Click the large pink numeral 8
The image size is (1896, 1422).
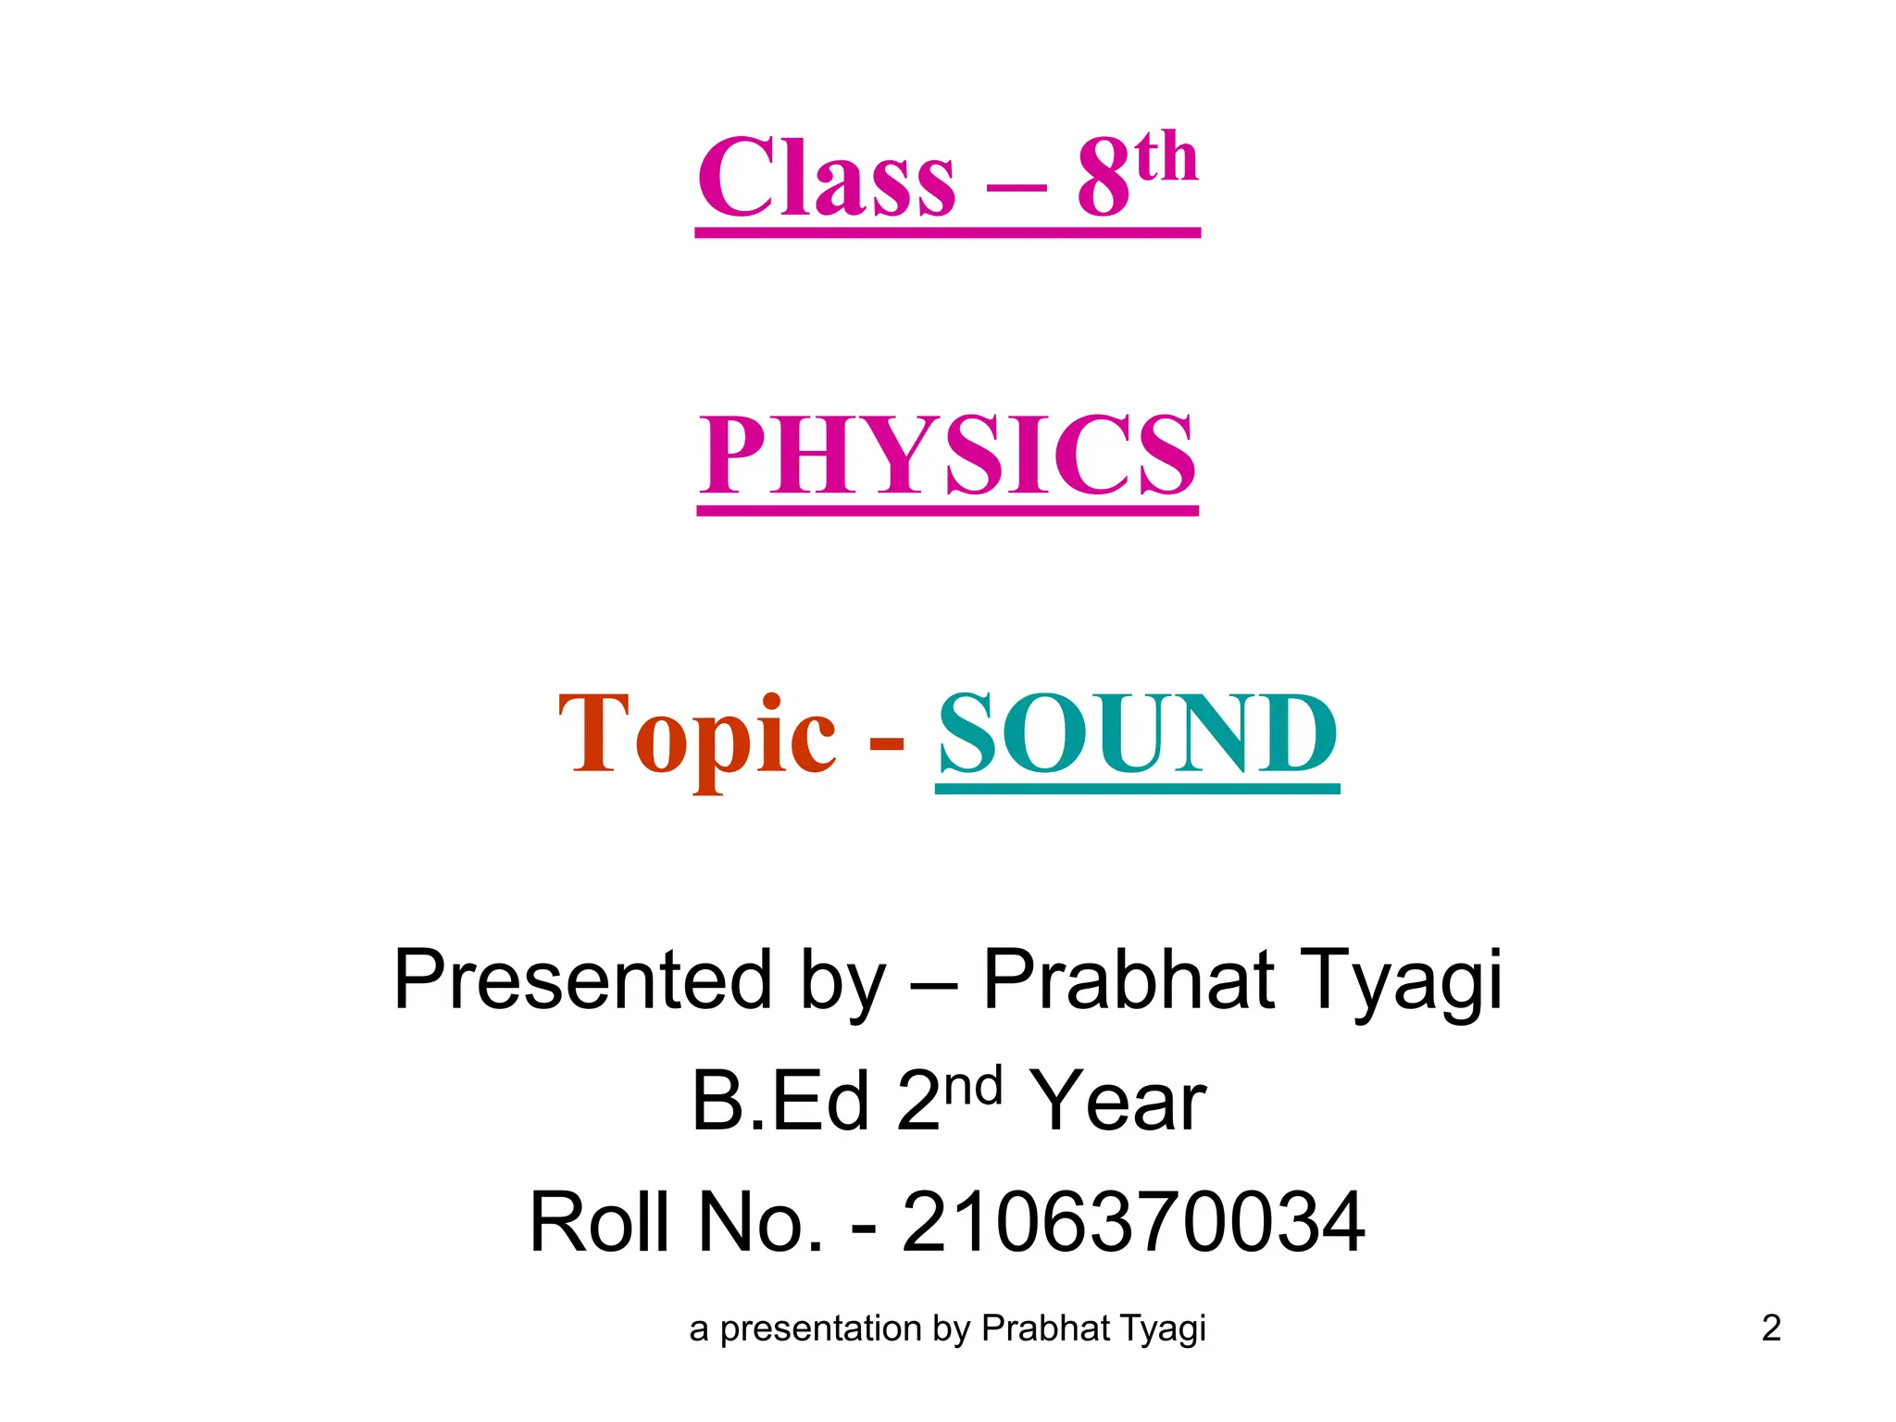[x=1104, y=178]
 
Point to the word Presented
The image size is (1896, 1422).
[x=582, y=979]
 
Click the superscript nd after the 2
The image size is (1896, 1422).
[x=974, y=1084]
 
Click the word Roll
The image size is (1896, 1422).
[x=599, y=1222]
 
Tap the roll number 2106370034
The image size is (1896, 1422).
[x=1132, y=1222]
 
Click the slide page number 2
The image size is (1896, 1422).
[x=1771, y=1328]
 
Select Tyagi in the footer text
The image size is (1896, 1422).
[x=1164, y=1329]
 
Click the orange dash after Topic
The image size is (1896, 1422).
[x=887, y=743]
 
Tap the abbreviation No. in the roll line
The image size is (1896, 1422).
[x=759, y=1222]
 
